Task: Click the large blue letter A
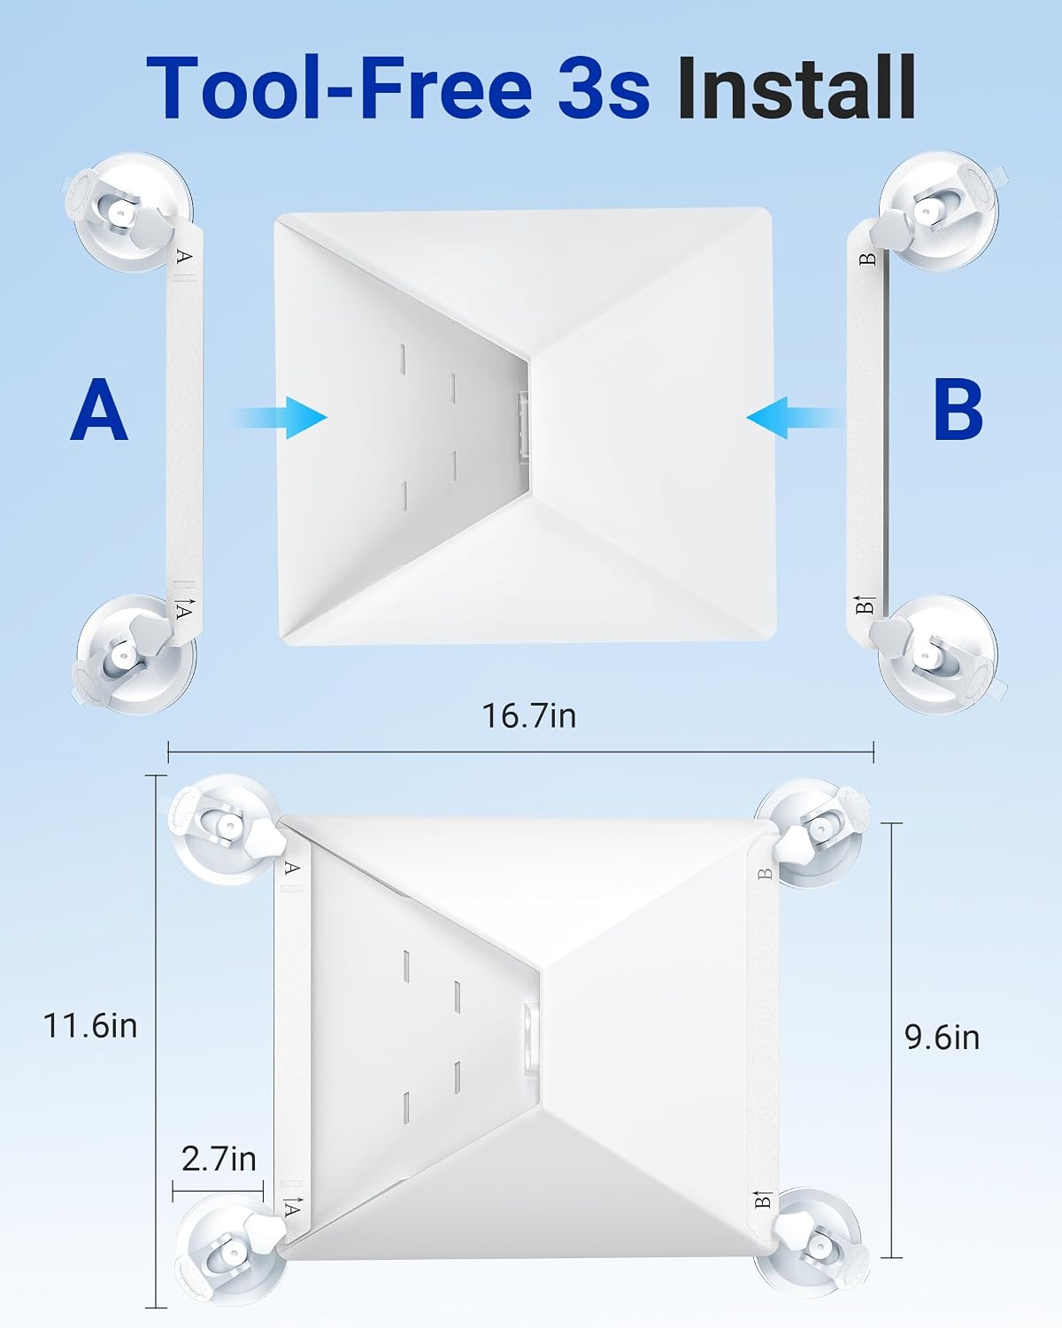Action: pos(99,410)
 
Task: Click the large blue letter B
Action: pos(958,410)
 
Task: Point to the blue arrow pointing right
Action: pos(280,418)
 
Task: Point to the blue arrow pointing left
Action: pos(795,418)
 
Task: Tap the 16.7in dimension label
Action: pos(529,716)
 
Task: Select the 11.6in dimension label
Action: pos(90,1026)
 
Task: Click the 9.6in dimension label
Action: pos(943,1038)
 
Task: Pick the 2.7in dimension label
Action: pos(219,1159)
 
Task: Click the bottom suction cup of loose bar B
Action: pos(938,655)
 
